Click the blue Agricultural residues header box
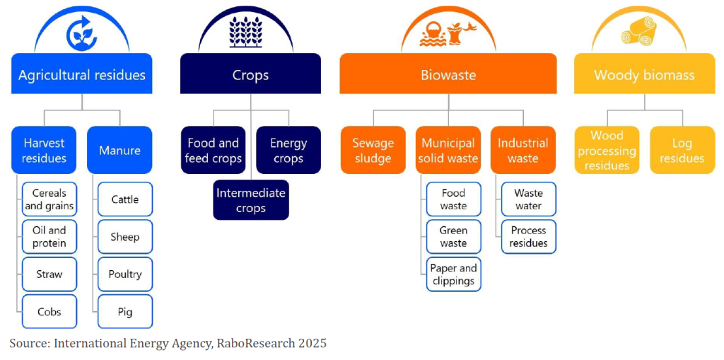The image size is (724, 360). (x=82, y=74)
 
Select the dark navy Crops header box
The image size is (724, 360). (x=250, y=74)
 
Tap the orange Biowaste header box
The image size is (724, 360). (x=448, y=74)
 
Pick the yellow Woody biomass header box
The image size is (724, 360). (x=644, y=74)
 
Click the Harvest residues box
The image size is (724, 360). (x=45, y=150)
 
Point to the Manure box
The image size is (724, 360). (x=119, y=150)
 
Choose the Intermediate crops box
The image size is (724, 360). (x=251, y=199)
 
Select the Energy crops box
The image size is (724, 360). (x=288, y=150)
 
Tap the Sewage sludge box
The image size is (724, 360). (x=373, y=150)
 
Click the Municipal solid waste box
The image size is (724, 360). (x=448, y=150)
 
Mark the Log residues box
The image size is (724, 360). (x=682, y=150)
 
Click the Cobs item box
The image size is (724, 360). (x=49, y=311)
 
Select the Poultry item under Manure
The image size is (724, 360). (x=125, y=274)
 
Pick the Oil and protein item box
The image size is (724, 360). (x=49, y=237)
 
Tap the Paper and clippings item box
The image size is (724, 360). (x=453, y=274)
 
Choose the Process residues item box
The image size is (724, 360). (x=529, y=237)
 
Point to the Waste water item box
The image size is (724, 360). (x=529, y=199)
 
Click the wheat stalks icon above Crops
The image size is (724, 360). (x=245, y=33)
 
